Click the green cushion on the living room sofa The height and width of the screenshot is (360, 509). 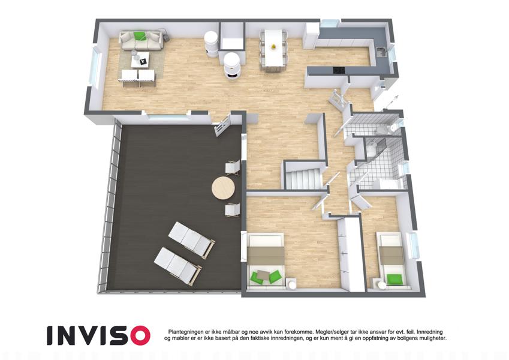click(140, 36)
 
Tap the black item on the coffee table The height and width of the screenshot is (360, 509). click(143, 61)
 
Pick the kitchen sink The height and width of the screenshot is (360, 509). click(381, 52)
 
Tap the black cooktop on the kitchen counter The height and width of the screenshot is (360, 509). click(339, 70)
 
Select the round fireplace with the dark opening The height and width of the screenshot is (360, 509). click(233, 66)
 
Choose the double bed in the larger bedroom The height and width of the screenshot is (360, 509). click(266, 260)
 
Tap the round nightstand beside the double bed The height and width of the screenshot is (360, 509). click(291, 283)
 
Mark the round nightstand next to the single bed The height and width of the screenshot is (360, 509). click(380, 283)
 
